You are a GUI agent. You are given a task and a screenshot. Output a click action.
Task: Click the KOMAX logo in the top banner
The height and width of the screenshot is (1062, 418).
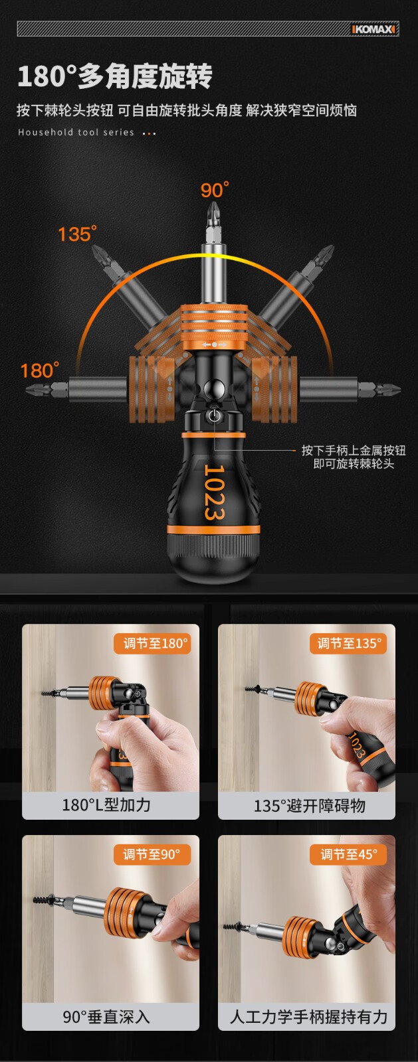tap(373, 29)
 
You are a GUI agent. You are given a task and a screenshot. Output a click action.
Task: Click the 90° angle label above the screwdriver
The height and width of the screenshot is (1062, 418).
tap(215, 190)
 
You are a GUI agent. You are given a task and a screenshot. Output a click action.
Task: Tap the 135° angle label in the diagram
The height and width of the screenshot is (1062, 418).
tap(77, 233)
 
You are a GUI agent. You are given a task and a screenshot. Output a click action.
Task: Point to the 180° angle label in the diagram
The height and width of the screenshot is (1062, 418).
tap(40, 370)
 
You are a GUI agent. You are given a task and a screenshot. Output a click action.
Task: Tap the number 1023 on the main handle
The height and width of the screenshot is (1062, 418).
tap(214, 492)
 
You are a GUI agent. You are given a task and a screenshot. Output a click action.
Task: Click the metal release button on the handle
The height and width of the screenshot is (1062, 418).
tap(214, 416)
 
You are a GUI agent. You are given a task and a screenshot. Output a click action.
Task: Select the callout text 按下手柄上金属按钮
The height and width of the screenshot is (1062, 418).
tap(354, 451)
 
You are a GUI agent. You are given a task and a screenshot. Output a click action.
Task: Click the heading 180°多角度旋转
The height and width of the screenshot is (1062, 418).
tap(115, 76)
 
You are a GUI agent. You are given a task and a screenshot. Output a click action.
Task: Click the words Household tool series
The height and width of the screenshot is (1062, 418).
tap(76, 132)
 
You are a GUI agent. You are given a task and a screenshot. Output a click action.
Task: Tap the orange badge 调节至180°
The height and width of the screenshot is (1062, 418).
tap(152, 643)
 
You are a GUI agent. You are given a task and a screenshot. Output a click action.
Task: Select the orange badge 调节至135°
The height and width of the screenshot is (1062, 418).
tap(348, 643)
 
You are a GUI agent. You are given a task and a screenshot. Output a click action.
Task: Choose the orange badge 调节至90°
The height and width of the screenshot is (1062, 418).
tap(152, 854)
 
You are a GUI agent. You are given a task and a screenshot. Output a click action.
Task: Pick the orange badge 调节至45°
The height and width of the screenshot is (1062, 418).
tap(348, 854)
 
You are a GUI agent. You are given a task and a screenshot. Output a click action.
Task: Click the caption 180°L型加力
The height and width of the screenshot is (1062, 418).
tap(106, 804)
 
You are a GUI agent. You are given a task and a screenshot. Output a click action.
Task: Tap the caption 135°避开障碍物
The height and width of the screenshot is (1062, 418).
tap(310, 805)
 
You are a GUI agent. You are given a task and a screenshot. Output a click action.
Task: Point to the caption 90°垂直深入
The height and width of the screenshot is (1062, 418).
tap(106, 1016)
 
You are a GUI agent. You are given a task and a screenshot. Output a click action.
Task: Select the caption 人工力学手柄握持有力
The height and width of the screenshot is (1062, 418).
tap(308, 1016)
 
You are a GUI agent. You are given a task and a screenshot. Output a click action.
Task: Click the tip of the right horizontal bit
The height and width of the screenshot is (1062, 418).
tap(400, 390)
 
